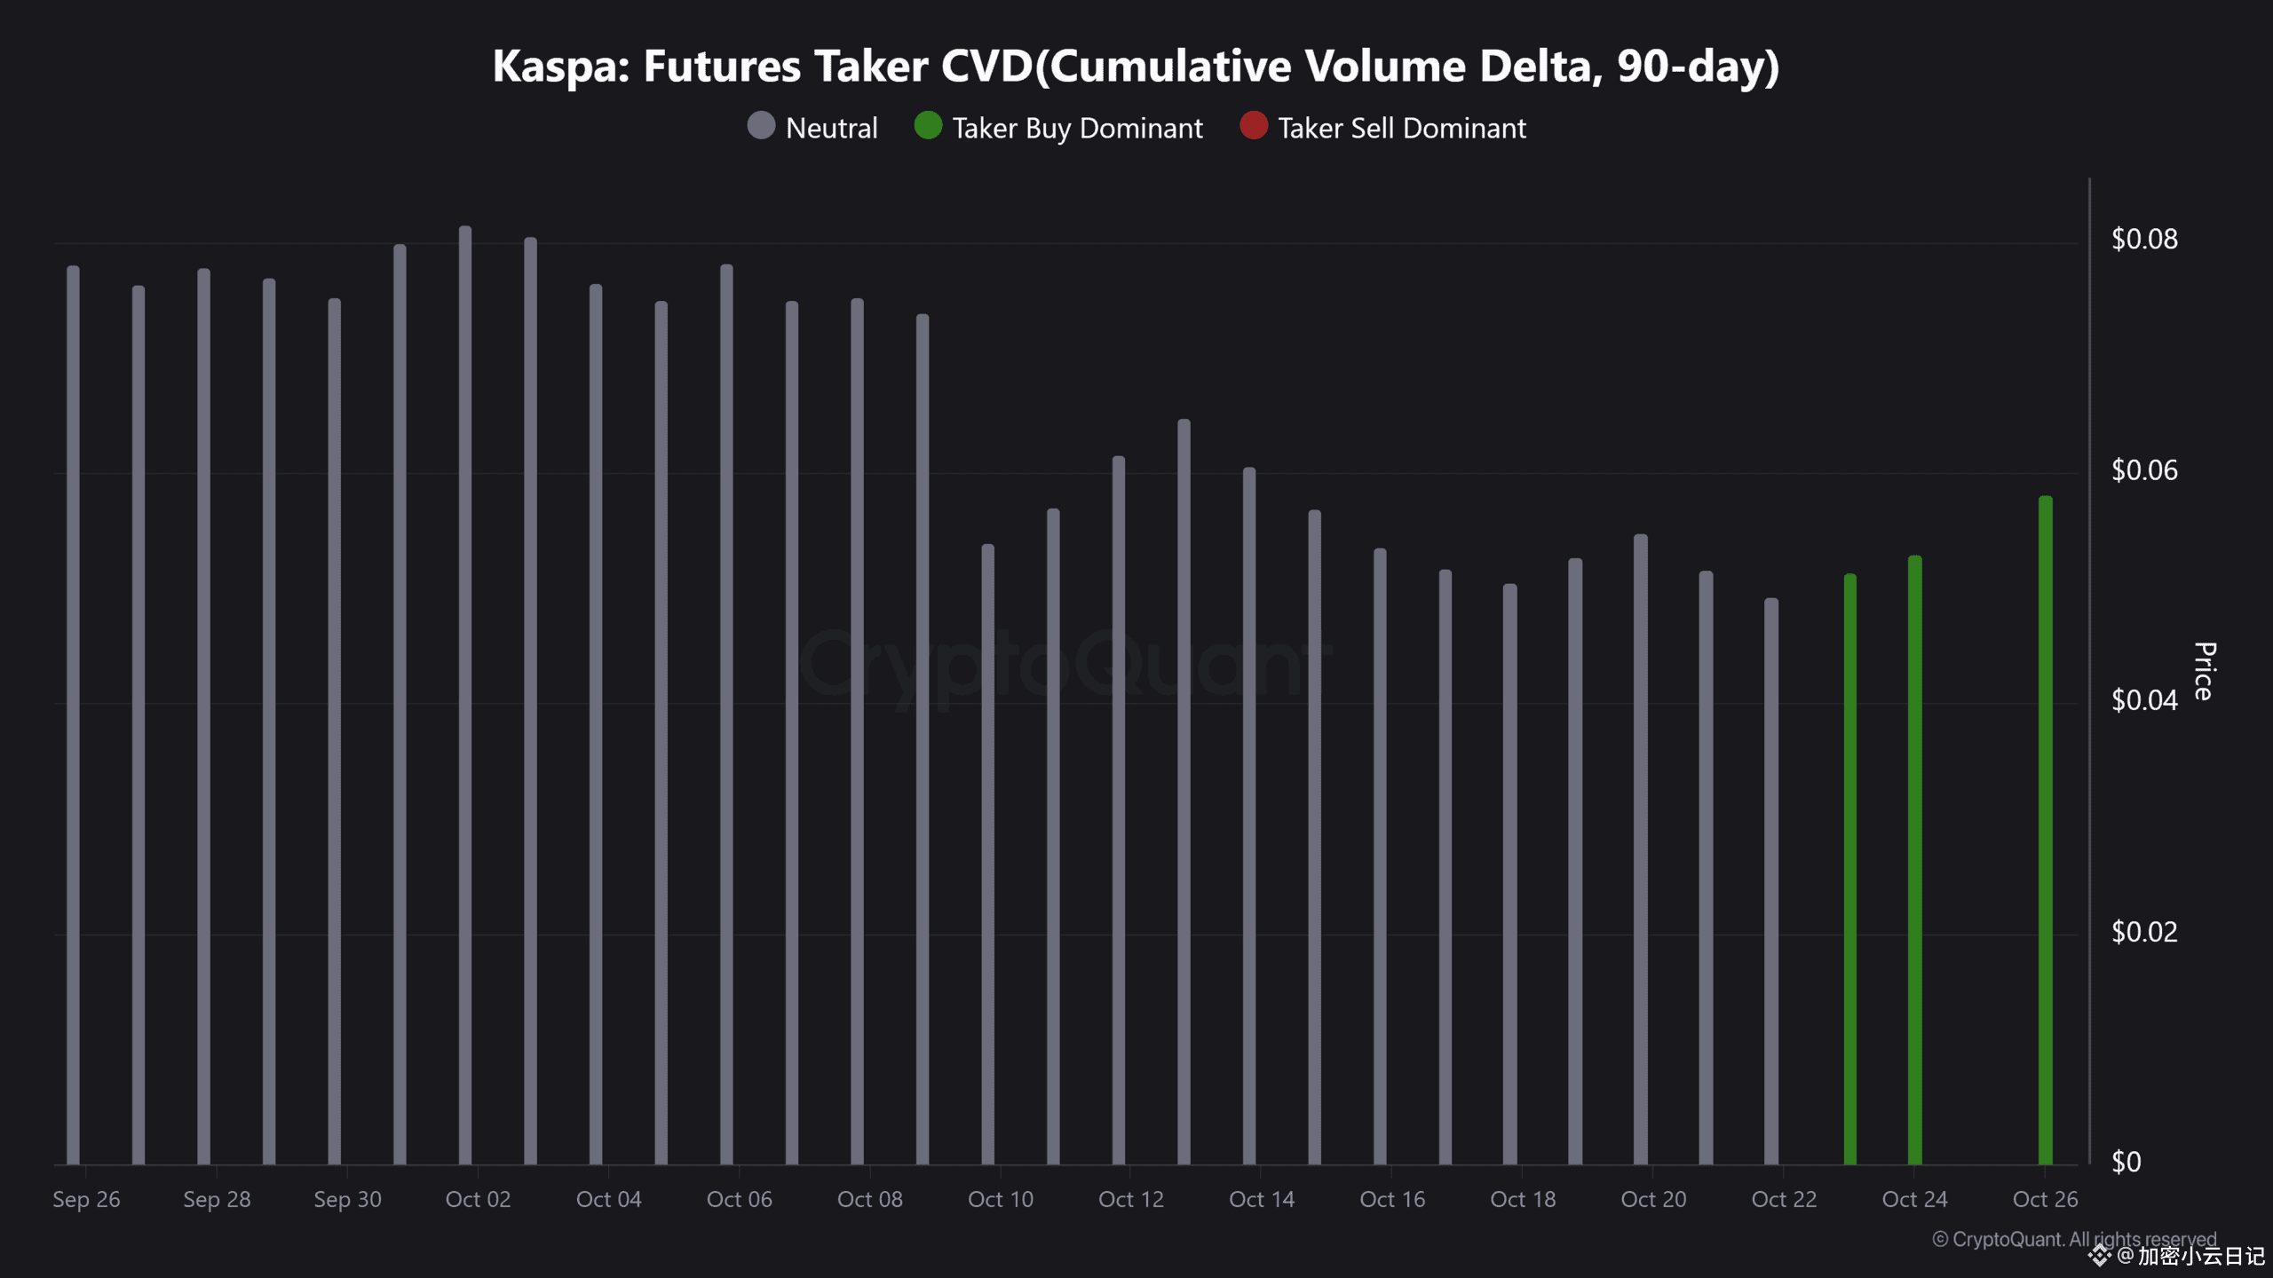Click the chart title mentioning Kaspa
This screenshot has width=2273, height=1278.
[x=1136, y=67]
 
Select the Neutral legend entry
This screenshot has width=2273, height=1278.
[x=812, y=128]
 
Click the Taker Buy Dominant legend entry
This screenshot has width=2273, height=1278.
[x=1058, y=128]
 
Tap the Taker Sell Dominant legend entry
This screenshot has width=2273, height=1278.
[x=1383, y=128]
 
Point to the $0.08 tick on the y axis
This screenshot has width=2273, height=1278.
[x=2144, y=239]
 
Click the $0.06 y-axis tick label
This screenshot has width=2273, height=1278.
[x=2144, y=469]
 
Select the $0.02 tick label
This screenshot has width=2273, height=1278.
[x=2144, y=931]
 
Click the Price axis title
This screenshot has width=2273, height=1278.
[x=2204, y=671]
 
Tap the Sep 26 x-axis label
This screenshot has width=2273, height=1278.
[x=86, y=1199]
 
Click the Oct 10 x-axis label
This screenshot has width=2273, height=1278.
[x=1001, y=1199]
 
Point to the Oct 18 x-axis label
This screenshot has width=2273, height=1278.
[x=1523, y=1199]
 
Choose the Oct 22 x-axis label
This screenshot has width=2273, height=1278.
[x=1784, y=1199]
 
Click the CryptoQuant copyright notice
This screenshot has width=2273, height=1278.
[x=2074, y=1238]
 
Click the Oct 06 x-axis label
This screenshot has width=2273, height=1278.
[x=739, y=1199]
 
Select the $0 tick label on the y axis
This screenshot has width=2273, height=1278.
[x=2126, y=1162]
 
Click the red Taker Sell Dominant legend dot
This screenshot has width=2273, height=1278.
[x=1254, y=126]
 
